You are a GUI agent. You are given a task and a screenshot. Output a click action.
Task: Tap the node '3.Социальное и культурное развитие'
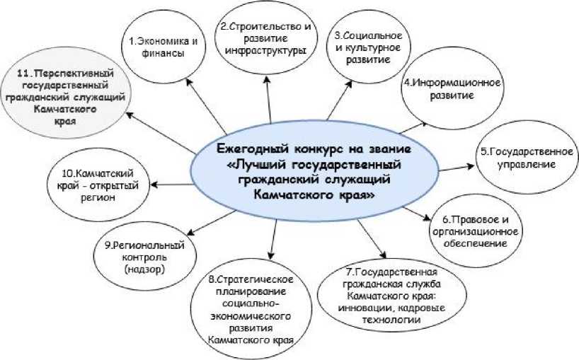(x=362, y=48)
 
